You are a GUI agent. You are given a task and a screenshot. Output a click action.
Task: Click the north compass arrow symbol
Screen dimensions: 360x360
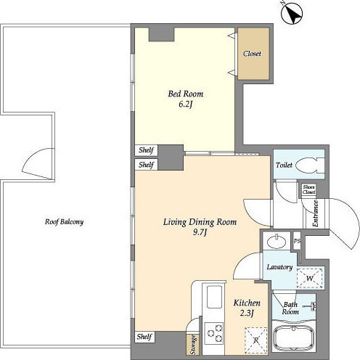(292, 12)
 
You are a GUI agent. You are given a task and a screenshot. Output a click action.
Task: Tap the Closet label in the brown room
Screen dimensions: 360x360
(252, 54)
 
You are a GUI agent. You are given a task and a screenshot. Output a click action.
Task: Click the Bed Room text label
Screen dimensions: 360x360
(186, 94)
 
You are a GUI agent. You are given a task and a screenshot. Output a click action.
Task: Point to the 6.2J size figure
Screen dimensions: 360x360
(185, 105)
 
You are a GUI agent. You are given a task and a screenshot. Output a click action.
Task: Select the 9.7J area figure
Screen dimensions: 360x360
(200, 232)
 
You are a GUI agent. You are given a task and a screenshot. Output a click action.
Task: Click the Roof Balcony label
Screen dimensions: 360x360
(64, 222)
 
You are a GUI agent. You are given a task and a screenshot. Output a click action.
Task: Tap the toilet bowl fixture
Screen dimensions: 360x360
(310, 165)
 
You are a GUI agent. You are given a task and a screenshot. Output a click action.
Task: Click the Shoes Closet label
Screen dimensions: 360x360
(309, 189)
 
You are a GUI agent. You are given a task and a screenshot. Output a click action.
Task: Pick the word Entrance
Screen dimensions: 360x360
(315, 214)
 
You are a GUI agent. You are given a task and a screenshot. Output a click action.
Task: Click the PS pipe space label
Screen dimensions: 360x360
(297, 241)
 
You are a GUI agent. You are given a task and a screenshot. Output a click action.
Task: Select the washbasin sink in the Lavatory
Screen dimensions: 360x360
(276, 241)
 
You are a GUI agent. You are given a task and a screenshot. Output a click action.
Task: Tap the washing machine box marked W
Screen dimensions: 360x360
(310, 278)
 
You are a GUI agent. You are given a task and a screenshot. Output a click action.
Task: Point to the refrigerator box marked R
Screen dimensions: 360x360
(256, 340)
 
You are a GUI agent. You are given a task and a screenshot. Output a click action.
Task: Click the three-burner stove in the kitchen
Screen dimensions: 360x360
(214, 333)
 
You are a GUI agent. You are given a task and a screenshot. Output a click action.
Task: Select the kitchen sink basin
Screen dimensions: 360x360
(214, 297)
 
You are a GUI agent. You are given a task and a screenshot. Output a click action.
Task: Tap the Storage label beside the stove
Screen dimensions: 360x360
(193, 345)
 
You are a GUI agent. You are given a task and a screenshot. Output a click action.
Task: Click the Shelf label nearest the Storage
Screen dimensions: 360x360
(144, 337)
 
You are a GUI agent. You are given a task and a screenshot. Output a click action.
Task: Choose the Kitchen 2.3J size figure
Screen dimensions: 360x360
(247, 314)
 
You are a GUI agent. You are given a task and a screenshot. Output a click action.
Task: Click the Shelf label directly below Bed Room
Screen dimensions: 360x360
(146, 150)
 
